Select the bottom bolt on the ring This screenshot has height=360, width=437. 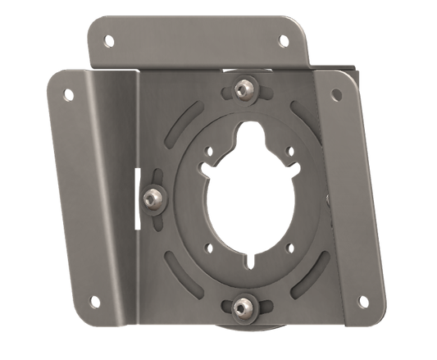(x=241, y=307)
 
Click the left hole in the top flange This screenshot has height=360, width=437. (x=108, y=38)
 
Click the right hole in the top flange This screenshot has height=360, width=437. (x=284, y=39)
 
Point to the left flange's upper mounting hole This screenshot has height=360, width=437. (x=68, y=94)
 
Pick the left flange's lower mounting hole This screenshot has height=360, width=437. (x=94, y=301)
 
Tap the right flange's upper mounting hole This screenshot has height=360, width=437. (x=336, y=95)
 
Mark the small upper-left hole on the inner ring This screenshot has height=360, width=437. (x=211, y=152)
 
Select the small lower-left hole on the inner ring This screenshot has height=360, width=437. (x=210, y=246)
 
